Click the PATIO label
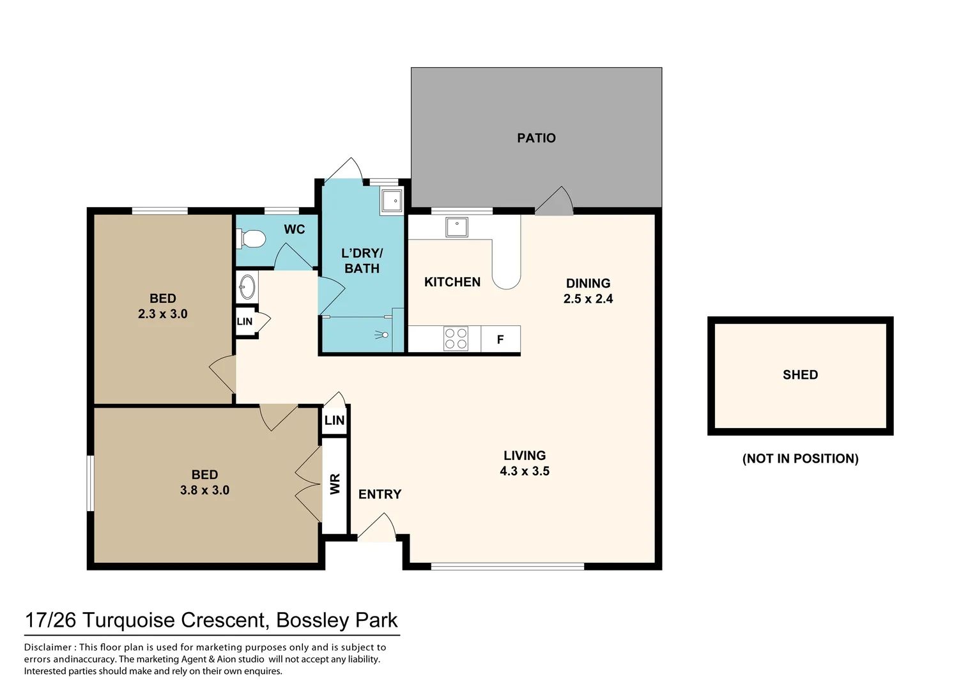(x=536, y=138)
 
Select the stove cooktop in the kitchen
(x=456, y=339)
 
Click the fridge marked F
(x=501, y=339)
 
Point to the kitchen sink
(x=457, y=227)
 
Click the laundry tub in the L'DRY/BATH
(x=391, y=201)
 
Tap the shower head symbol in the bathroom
(x=382, y=335)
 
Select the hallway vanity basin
(x=247, y=287)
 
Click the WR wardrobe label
(x=335, y=484)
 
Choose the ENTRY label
(x=380, y=494)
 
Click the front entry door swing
(x=377, y=527)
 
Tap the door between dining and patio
(x=554, y=201)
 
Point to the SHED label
(x=801, y=374)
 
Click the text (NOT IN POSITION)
(x=801, y=458)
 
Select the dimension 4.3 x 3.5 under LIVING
(x=525, y=471)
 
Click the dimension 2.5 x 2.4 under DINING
(x=588, y=299)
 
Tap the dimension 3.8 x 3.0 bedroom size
(x=204, y=490)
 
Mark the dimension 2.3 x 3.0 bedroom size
(x=163, y=314)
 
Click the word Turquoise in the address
(x=128, y=620)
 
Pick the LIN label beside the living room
(x=335, y=420)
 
